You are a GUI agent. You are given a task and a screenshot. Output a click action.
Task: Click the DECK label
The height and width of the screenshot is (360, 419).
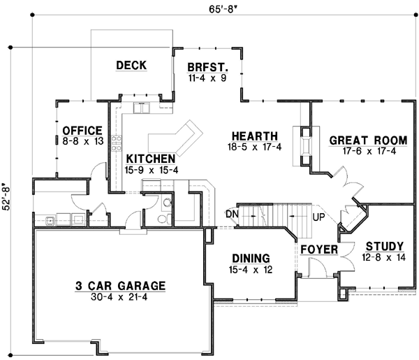pos(131,66)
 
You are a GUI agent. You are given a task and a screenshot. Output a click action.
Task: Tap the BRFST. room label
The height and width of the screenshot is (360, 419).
pos(207,68)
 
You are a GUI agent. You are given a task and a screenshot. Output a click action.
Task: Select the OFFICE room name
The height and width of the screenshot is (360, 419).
pos(82,131)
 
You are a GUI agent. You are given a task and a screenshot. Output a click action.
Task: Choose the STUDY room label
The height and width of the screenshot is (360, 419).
pos(385,246)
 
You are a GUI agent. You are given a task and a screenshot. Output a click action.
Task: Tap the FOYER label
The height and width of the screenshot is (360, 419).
pos(320,250)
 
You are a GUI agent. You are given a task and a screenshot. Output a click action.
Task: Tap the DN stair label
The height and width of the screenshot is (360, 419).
pos(232,213)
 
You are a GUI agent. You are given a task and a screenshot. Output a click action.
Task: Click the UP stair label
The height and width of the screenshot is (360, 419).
pos(318,217)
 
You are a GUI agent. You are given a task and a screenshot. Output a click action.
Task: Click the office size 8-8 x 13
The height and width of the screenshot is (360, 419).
pos(82,141)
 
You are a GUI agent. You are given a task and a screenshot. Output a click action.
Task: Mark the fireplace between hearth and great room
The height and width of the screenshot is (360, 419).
pos(305,144)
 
